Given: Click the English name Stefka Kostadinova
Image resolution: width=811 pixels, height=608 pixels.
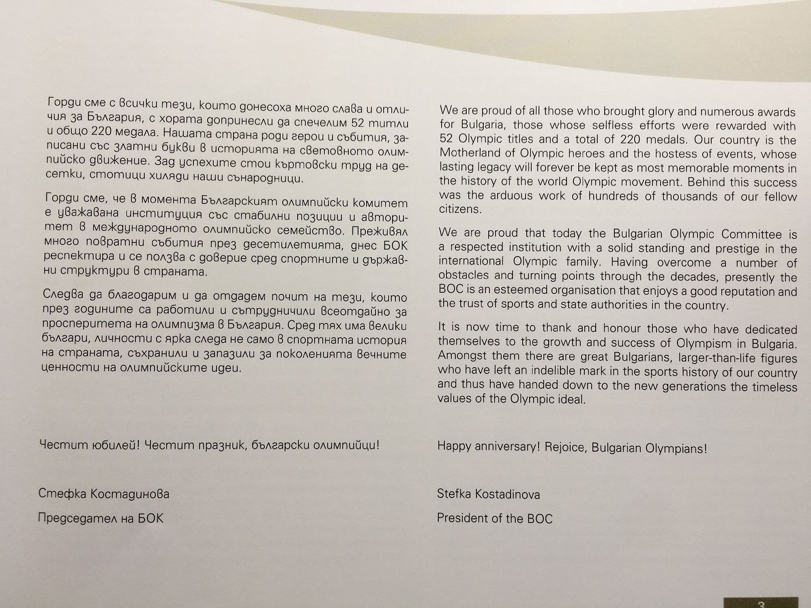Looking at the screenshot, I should tap(488, 494).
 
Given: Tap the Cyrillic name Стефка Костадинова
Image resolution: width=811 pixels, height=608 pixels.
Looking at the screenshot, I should tap(104, 494).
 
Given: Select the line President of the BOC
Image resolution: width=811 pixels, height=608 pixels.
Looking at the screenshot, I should tap(494, 518).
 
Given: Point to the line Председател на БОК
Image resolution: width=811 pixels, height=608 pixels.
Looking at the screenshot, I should tap(101, 518).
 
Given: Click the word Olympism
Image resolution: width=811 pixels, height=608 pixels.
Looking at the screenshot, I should tap(704, 343).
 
